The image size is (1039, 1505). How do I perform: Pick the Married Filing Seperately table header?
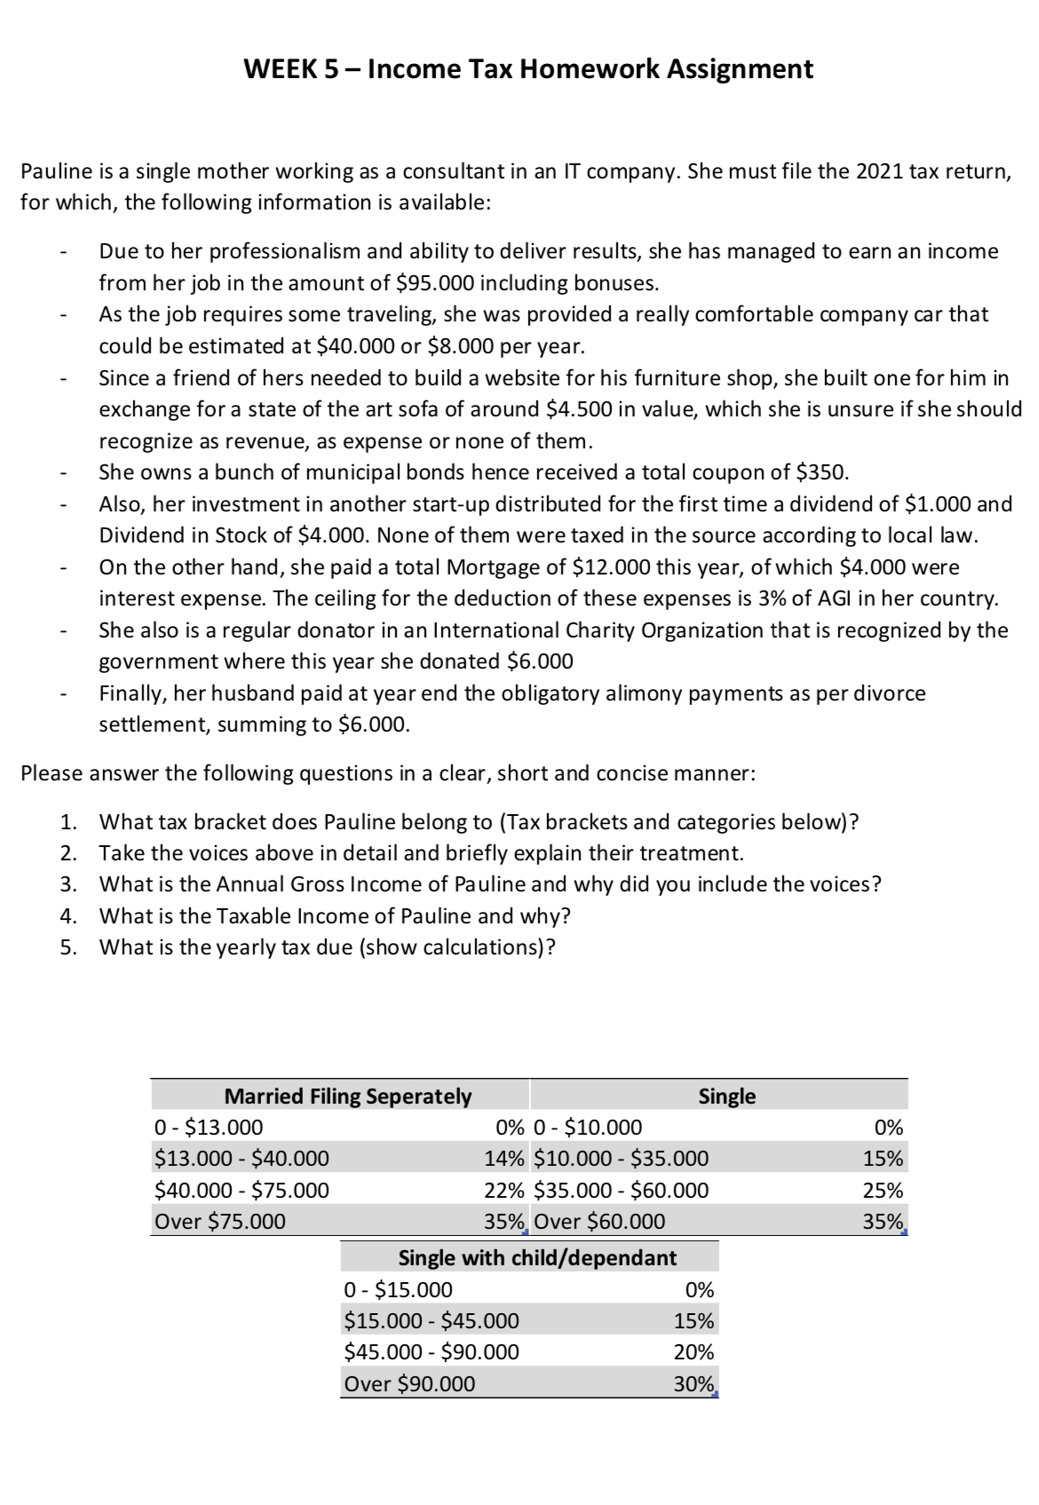pos(347,1097)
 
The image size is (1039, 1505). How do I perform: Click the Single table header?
pos(726,1097)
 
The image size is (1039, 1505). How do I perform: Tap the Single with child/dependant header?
pos(537,1257)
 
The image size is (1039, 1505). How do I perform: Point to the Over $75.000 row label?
pos(220,1222)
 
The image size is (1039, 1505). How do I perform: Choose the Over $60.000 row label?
pos(600,1222)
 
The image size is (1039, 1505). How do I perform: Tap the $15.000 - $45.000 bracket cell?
pos(432,1321)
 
